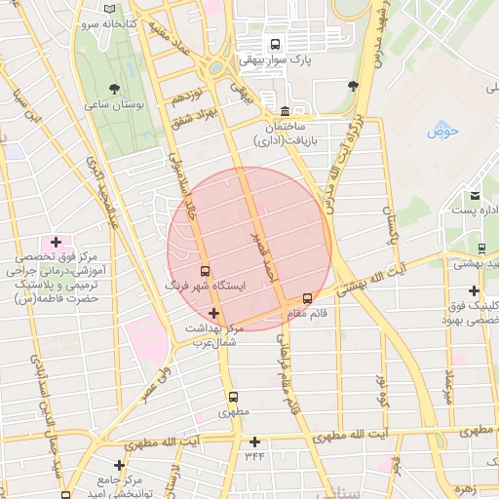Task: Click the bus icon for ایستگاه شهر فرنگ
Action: tap(205, 271)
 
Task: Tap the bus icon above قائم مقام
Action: tap(308, 298)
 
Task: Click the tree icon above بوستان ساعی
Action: tap(116, 87)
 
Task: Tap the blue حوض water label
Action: tap(441, 131)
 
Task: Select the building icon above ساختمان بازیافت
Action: tap(284, 111)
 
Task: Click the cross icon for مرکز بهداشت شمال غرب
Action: tap(213, 313)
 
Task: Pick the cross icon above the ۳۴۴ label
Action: tap(254, 441)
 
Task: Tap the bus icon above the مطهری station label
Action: tap(232, 397)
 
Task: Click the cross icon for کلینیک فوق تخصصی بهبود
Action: tap(474, 290)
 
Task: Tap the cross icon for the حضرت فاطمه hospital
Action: tap(56, 242)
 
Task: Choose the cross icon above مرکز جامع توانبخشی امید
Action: tap(119, 466)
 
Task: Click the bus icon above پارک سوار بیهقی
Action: tap(276, 44)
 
